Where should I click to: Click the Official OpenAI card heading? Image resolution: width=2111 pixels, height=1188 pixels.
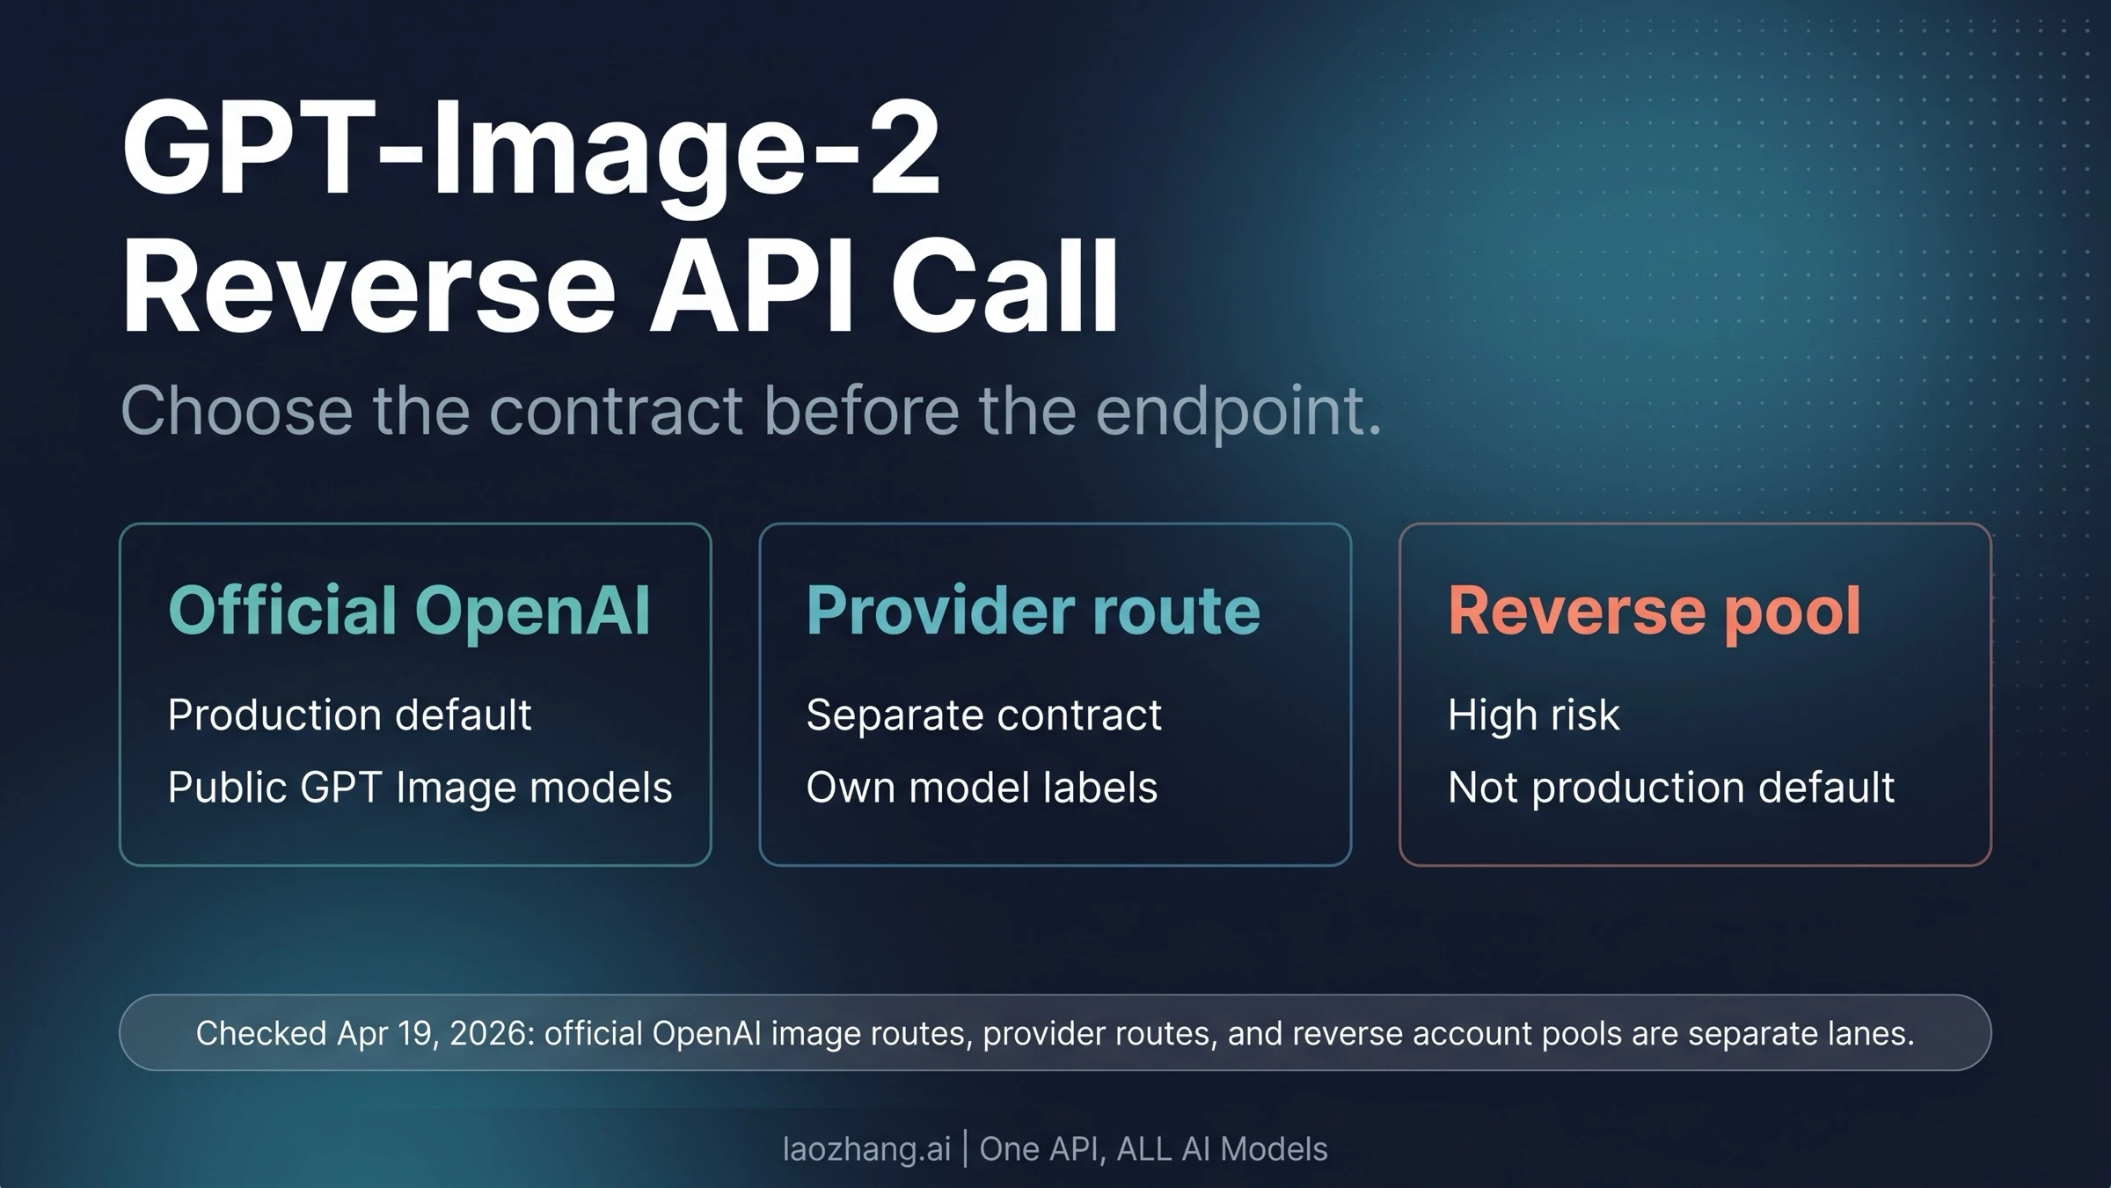point(409,611)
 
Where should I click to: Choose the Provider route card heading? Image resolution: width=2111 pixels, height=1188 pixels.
point(1034,611)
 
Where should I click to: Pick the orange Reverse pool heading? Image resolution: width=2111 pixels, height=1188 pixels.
point(1654,611)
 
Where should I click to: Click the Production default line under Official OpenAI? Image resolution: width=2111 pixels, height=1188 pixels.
point(349,715)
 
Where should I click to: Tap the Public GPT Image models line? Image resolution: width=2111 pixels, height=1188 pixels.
point(420,788)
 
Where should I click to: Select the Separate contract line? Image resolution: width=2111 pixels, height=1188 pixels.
point(983,715)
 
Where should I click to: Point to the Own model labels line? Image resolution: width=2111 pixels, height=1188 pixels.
point(982,788)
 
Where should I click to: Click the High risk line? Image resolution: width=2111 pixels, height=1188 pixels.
point(1533,715)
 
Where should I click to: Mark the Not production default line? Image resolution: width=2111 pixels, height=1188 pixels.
point(1671,788)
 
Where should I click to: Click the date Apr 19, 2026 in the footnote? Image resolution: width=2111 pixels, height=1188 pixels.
point(435,1033)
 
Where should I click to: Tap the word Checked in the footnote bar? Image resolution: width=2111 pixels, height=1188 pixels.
point(261,1033)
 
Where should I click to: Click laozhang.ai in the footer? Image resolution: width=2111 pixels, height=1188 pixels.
point(866,1148)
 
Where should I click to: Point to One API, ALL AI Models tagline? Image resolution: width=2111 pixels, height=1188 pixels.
point(1153,1148)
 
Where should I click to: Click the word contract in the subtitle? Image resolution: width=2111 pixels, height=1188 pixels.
point(616,411)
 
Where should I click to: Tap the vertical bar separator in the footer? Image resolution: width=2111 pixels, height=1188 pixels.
point(965,1149)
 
